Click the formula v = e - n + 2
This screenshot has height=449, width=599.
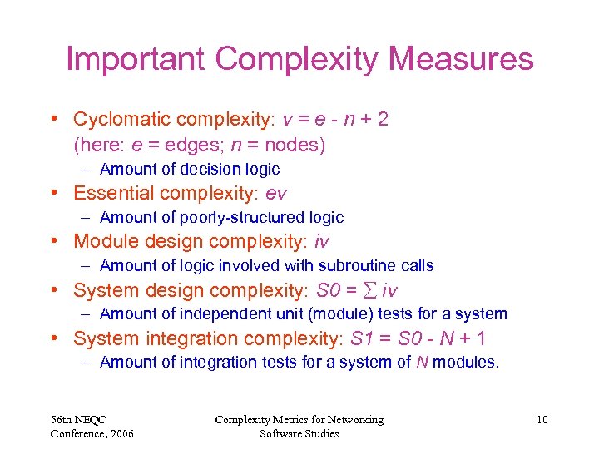(x=335, y=120)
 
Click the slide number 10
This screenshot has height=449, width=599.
(x=542, y=420)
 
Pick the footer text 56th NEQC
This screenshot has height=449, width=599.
(x=79, y=420)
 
